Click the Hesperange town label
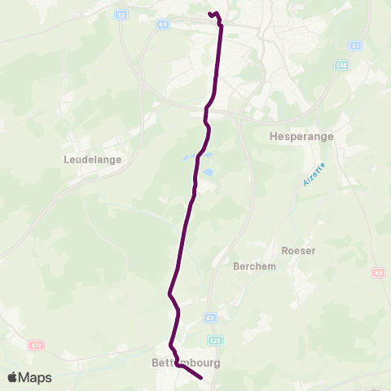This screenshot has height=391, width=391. pyautogui.click(x=301, y=137)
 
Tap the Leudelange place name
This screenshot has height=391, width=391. pyautogui.click(x=92, y=160)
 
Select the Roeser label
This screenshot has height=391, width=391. pyautogui.click(x=297, y=251)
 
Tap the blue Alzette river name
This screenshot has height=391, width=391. pyautogui.click(x=312, y=174)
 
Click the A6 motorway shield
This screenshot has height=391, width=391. pyautogui.click(x=121, y=15)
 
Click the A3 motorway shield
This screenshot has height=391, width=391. pyautogui.click(x=210, y=318)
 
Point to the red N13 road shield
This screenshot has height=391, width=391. pyautogui.click(x=35, y=345)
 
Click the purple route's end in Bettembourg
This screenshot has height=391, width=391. pyautogui.click(x=200, y=376)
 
